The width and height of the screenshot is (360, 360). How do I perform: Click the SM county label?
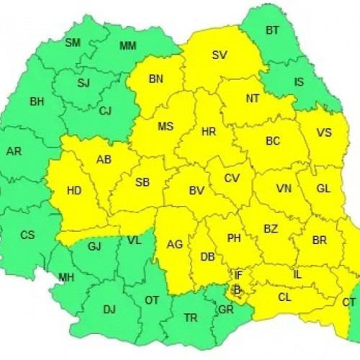73,42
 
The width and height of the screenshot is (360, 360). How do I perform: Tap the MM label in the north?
127,46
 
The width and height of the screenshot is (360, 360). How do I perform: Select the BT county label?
272,30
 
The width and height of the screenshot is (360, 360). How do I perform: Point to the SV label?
220,55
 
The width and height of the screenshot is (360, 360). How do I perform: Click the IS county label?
299,81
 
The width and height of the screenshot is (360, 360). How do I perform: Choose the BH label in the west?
37,102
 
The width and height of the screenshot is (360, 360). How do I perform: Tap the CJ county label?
106,110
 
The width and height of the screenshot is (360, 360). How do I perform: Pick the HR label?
209,132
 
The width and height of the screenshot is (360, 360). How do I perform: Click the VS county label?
324,132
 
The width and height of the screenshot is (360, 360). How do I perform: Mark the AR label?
14,151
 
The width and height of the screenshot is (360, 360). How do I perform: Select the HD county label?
73,191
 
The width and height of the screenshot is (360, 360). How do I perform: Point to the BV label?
195,191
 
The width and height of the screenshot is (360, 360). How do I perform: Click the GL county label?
323,188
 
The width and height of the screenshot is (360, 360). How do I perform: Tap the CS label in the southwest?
27,235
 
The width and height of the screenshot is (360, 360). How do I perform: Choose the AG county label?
175,244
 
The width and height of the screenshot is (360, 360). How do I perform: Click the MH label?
66,278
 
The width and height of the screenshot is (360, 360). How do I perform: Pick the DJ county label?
109,310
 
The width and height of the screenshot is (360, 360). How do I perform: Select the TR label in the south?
191,318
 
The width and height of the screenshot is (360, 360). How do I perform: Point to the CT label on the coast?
349,301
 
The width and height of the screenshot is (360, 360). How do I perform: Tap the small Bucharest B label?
235,289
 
